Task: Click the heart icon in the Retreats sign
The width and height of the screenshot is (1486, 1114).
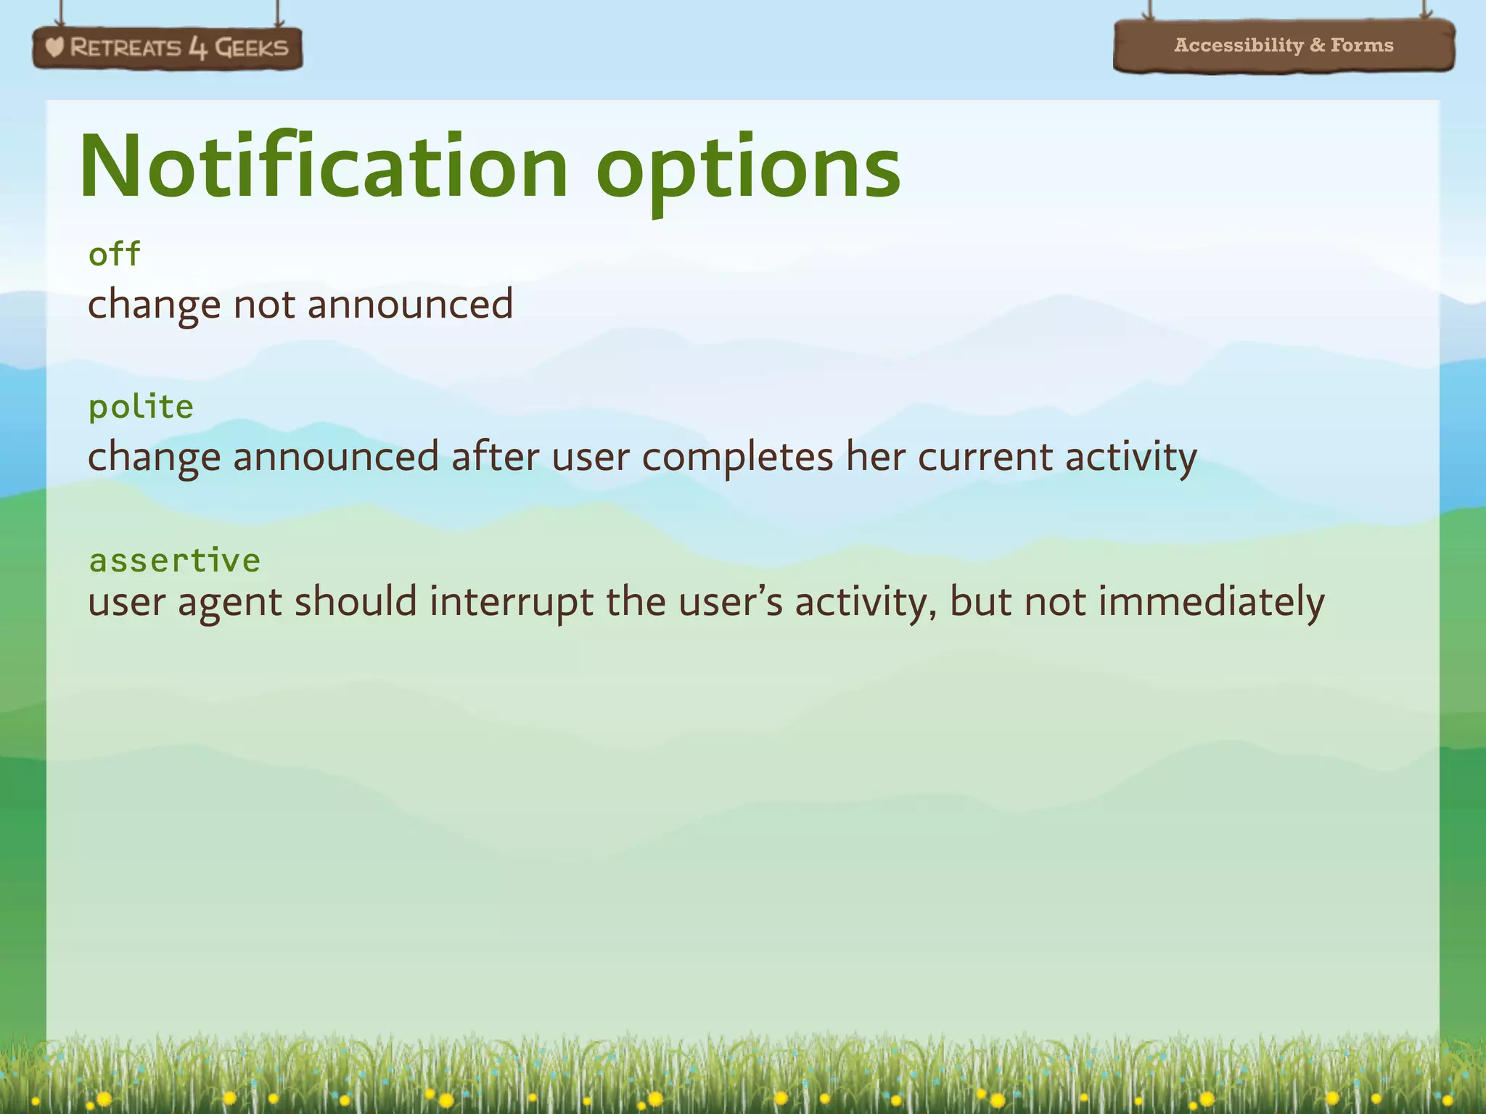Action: click(x=54, y=48)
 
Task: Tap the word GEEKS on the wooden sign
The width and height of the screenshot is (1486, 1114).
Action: click(x=251, y=48)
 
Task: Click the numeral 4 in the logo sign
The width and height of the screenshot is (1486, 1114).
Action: click(x=197, y=49)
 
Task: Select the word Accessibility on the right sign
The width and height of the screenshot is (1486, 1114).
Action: click(x=1239, y=45)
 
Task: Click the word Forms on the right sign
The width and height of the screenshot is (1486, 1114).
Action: click(x=1362, y=45)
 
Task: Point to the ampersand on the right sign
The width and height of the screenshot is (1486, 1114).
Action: click(x=1317, y=45)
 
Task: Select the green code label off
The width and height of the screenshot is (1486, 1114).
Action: click(x=114, y=254)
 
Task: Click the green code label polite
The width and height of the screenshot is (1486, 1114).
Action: click(x=141, y=407)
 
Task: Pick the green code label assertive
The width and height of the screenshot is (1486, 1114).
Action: click(x=174, y=560)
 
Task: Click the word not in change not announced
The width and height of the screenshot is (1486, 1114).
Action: click(x=264, y=304)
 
